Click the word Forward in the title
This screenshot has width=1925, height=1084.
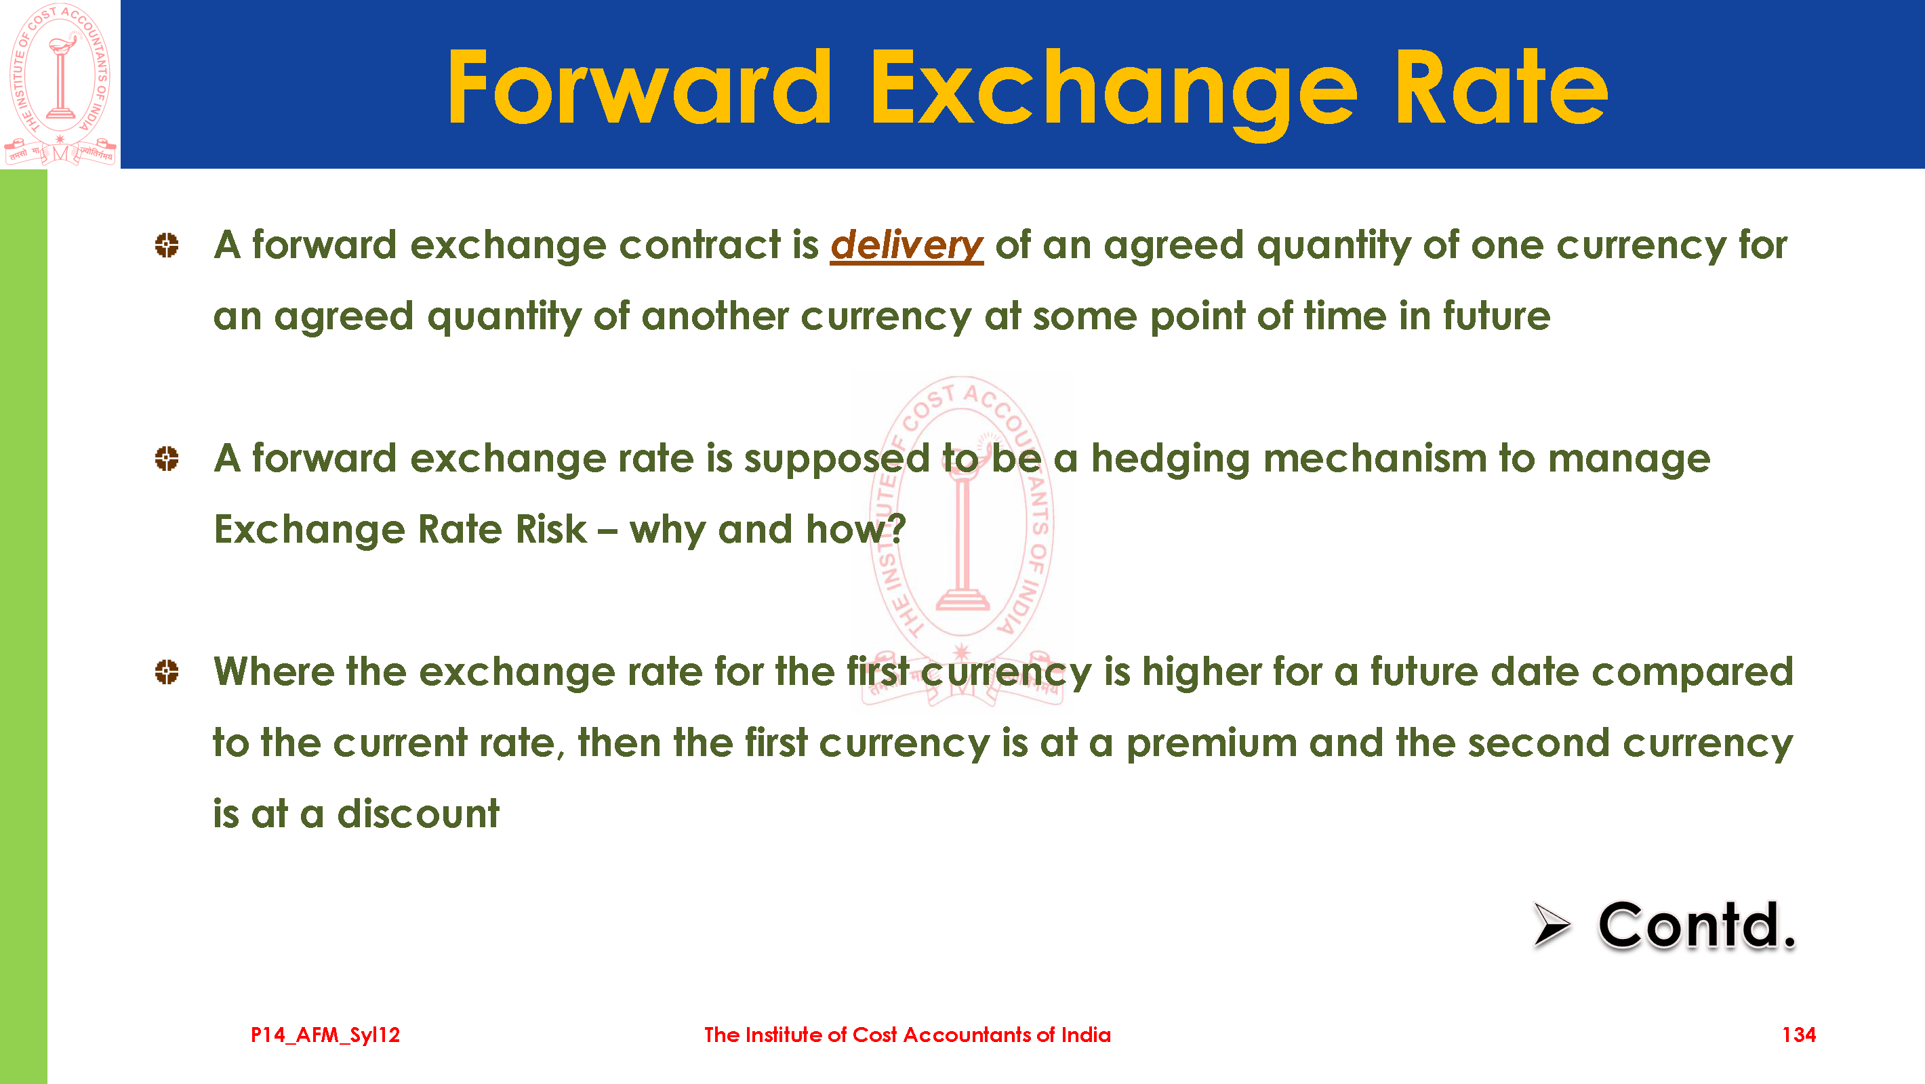pos(639,87)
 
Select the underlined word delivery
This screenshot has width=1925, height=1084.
pos(906,245)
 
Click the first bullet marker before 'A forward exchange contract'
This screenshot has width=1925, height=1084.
pos(167,245)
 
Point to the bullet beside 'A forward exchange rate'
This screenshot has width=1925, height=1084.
pos(167,458)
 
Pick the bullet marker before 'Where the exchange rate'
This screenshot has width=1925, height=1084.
pos(167,671)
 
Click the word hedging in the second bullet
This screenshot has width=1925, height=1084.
pos(1170,459)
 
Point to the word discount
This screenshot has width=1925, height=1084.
pos(418,814)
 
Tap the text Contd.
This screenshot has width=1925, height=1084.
pos(1697,925)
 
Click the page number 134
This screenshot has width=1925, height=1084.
pos(1798,1035)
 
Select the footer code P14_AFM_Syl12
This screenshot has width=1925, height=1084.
pos(325,1035)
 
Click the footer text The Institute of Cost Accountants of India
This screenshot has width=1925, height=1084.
pos(907,1035)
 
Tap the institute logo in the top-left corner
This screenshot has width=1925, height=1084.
pos(60,84)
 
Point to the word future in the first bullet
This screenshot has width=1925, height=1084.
pos(1496,315)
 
